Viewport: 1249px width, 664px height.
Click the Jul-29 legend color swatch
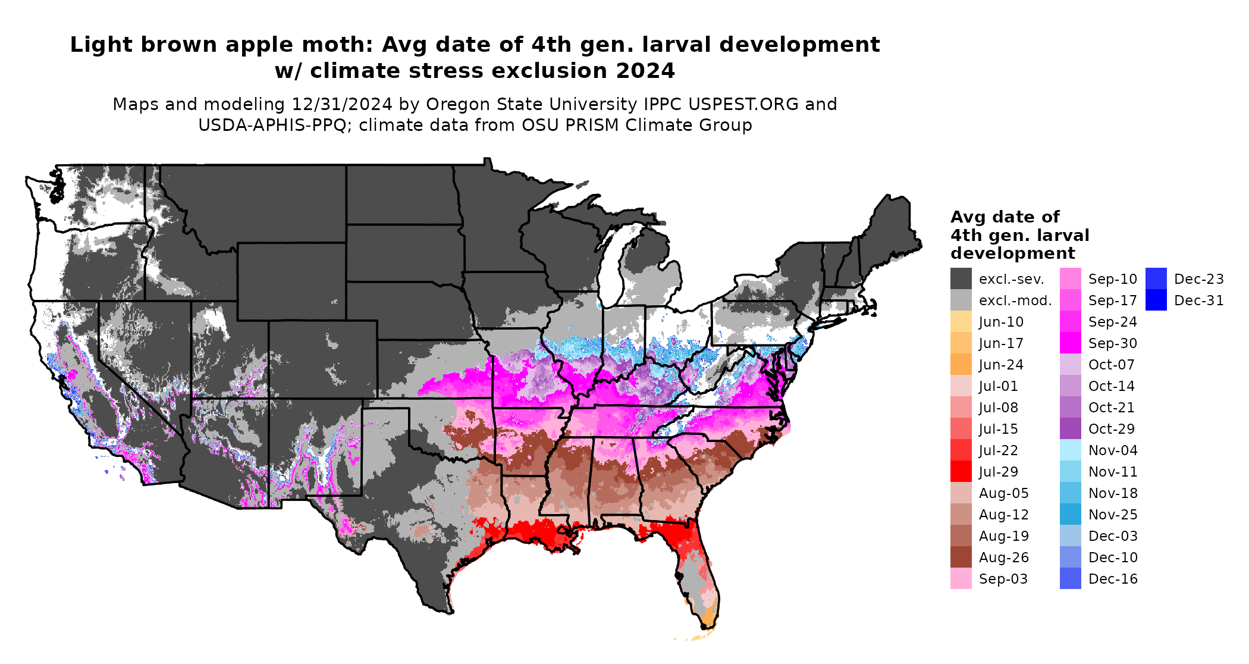coord(961,472)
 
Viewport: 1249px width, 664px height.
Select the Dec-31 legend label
coord(1198,300)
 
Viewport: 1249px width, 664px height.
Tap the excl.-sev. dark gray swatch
coord(961,279)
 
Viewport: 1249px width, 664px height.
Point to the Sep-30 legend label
coord(1112,343)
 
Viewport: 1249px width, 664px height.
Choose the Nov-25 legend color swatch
coord(1070,515)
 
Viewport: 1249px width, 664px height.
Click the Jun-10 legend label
coord(1001,322)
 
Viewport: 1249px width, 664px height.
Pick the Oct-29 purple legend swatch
coord(1070,429)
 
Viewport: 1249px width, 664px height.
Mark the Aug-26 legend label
coord(1003,557)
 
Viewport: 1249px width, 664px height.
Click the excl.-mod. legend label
coord(1015,300)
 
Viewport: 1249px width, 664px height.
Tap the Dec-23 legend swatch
coord(1156,279)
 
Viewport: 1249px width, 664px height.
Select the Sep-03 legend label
coord(1003,579)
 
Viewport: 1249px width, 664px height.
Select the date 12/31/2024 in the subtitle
coord(341,105)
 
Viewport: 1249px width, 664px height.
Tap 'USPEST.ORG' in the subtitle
coord(743,105)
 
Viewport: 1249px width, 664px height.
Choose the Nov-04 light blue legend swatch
coord(1070,450)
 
